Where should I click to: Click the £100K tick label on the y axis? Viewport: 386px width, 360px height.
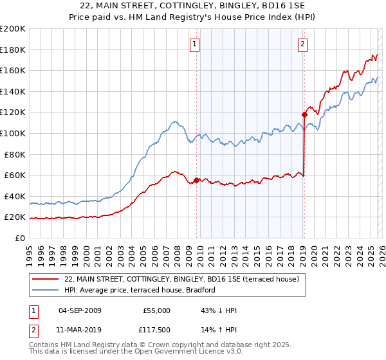(12, 133)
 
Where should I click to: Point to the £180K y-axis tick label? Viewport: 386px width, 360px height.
(12, 50)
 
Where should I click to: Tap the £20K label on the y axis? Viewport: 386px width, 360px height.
(15, 217)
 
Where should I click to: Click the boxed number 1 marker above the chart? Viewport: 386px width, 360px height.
(194, 44)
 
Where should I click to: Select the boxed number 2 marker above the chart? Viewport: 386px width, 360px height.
(302, 44)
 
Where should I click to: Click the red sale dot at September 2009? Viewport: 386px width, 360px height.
(196, 180)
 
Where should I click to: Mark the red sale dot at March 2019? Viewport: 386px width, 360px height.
(304, 115)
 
